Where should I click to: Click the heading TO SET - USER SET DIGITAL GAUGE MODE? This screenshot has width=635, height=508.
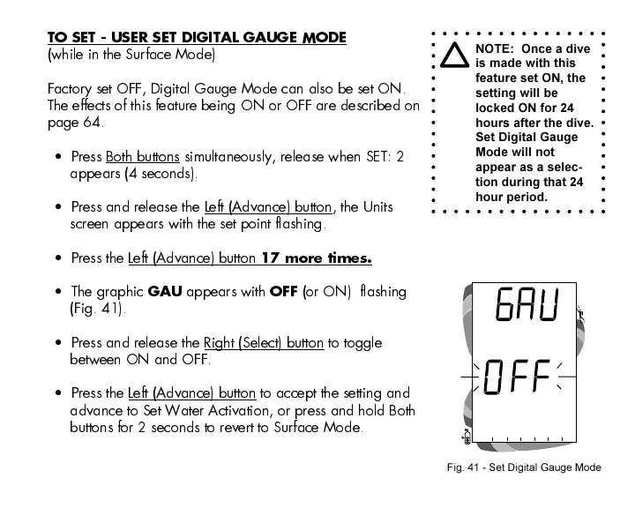pos(197,38)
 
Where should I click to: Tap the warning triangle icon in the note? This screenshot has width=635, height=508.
pos(455,56)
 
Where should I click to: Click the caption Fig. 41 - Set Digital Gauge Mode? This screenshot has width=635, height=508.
pos(523,467)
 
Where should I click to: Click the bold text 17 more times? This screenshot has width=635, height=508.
pos(317,258)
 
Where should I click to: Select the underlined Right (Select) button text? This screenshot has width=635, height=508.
pos(264,343)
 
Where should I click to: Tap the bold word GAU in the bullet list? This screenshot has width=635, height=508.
pos(165,292)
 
